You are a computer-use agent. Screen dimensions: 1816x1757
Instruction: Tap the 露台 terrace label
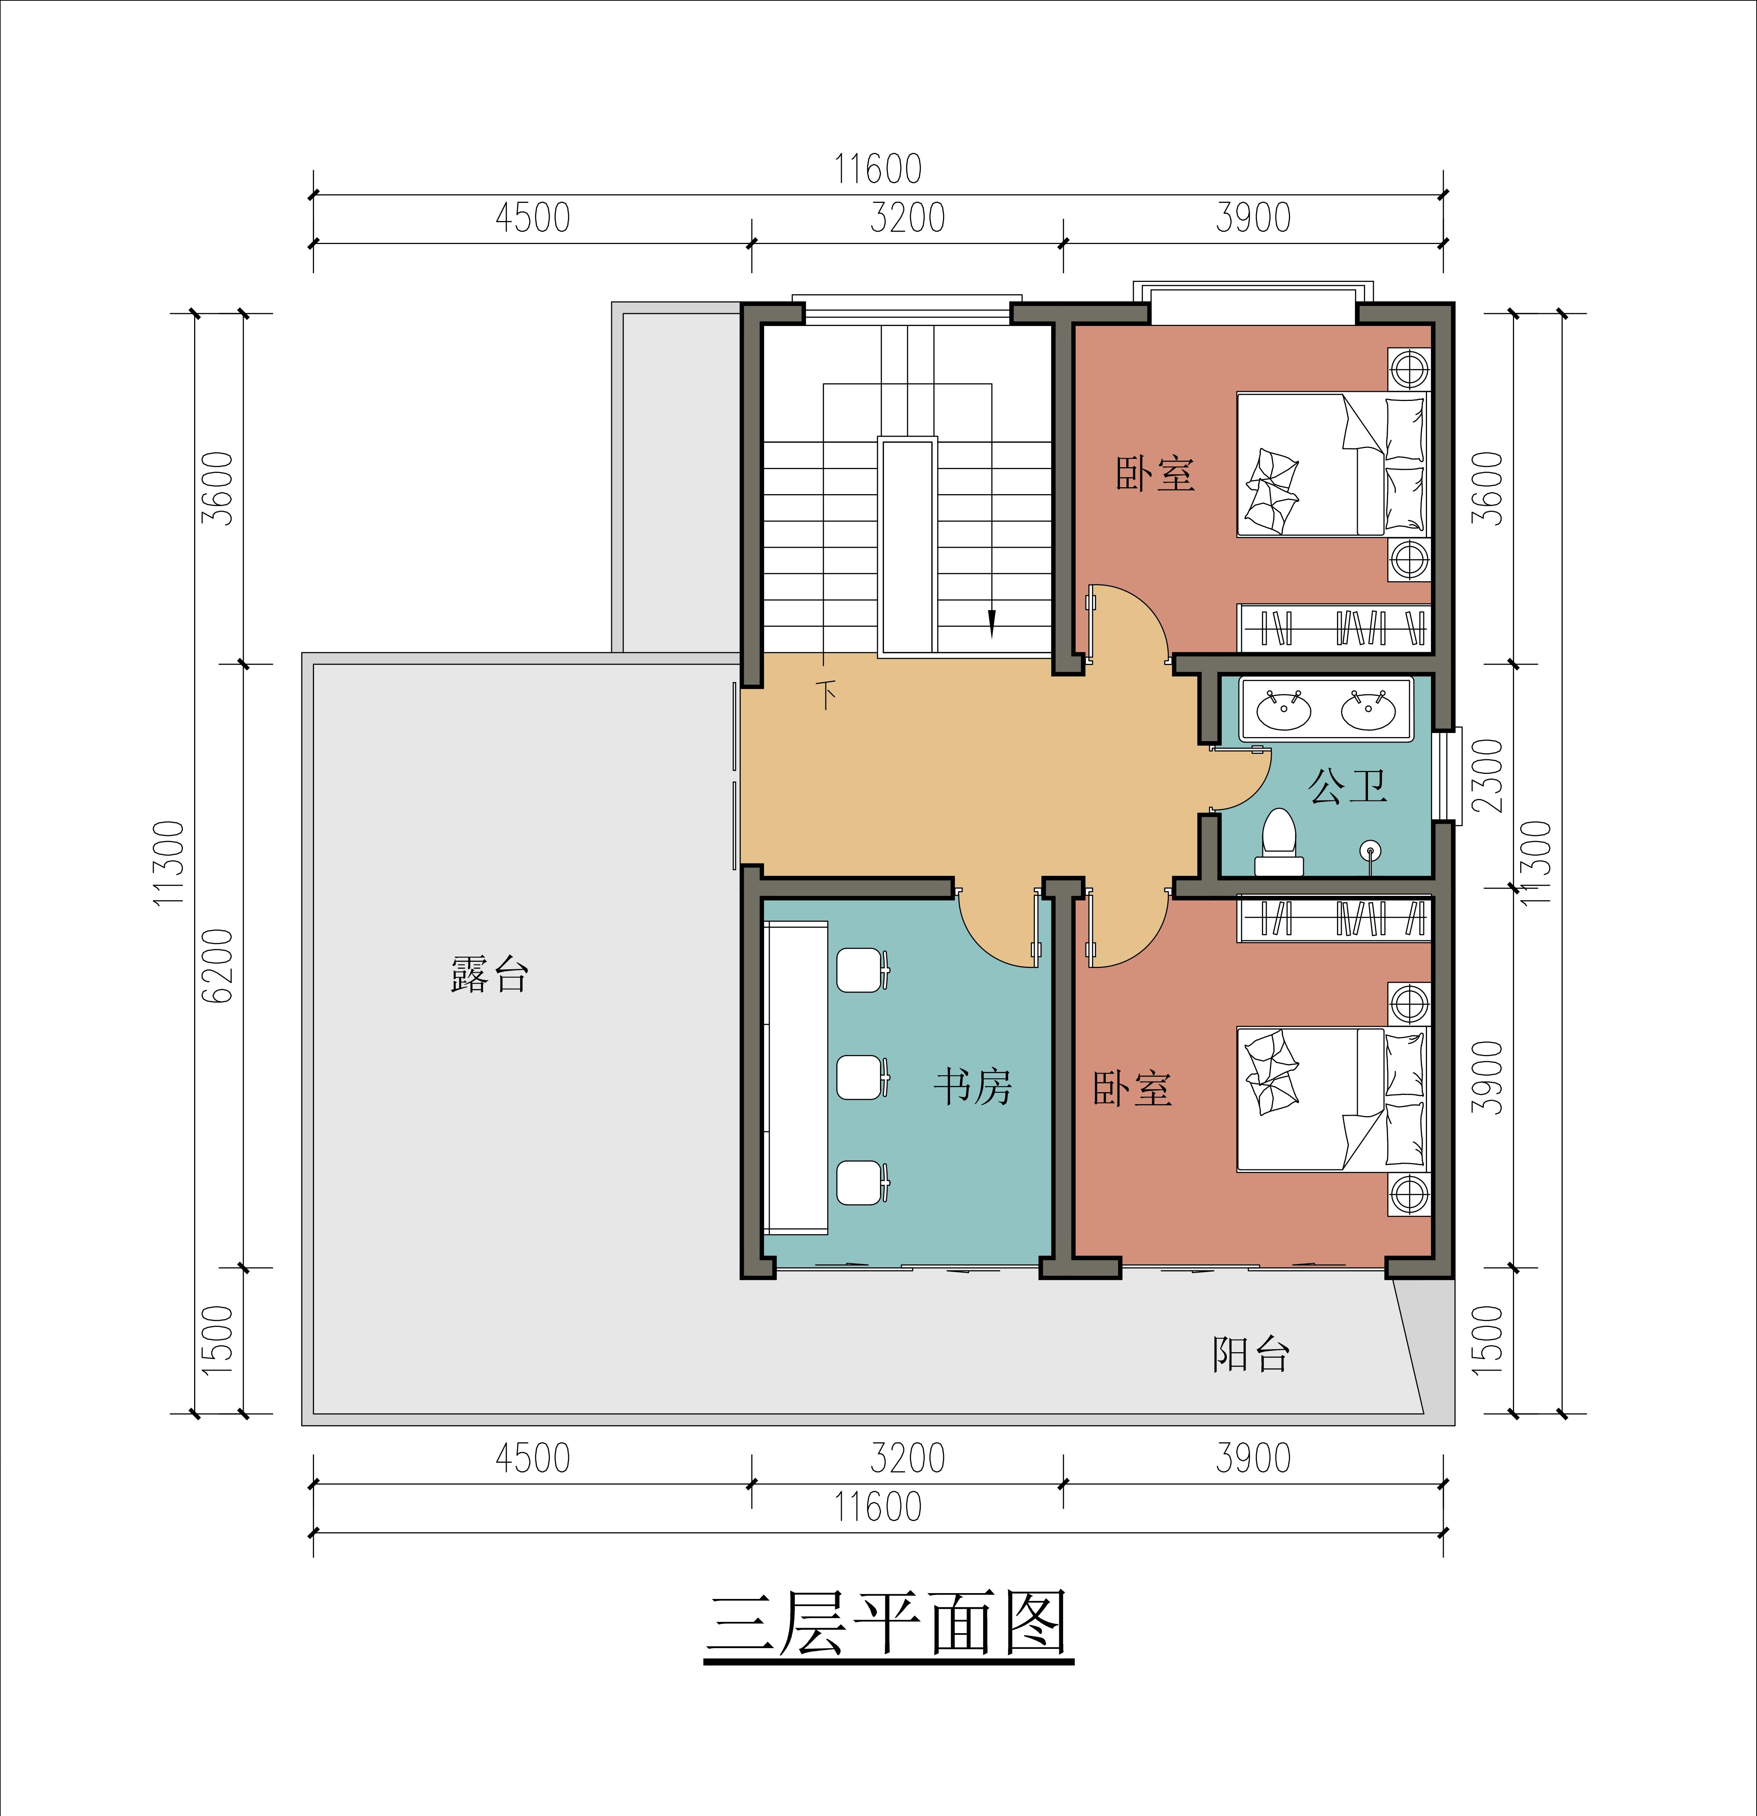[x=489, y=975]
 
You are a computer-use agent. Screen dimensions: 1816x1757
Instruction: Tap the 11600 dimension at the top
[x=877, y=170]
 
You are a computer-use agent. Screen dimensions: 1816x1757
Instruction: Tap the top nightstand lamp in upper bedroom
[x=1408, y=369]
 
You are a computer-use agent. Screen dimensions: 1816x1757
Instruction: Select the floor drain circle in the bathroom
[x=1371, y=850]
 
